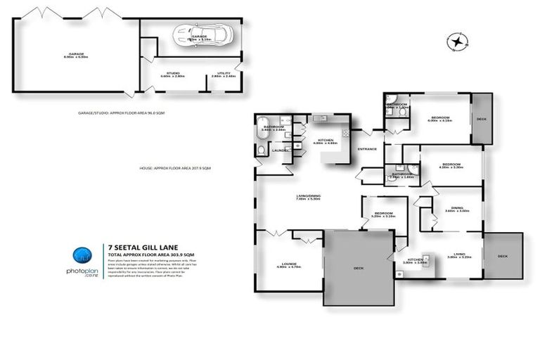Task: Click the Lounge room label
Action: pyautogui.click(x=280, y=266)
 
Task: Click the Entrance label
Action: pyautogui.click(x=367, y=148)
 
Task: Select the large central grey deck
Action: pyautogui.click(x=357, y=267)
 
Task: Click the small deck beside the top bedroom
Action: pyautogui.click(x=481, y=118)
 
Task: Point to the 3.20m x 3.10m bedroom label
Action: pyautogui.click(x=384, y=215)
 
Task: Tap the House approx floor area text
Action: pyautogui.click(x=176, y=168)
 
